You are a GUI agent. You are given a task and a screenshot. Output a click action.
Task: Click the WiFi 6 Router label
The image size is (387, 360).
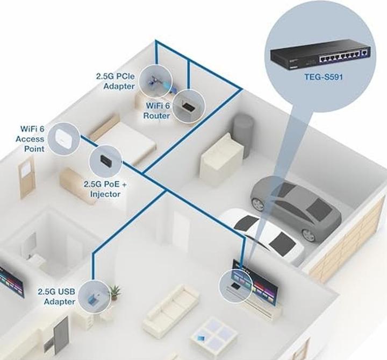click(156, 111)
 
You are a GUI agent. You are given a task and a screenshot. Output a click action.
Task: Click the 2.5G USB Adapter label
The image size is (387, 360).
click(56, 297)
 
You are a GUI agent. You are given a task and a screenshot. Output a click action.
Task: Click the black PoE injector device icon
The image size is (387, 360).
click(104, 159)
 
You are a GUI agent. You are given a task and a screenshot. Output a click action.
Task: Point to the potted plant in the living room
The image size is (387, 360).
click(114, 292)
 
